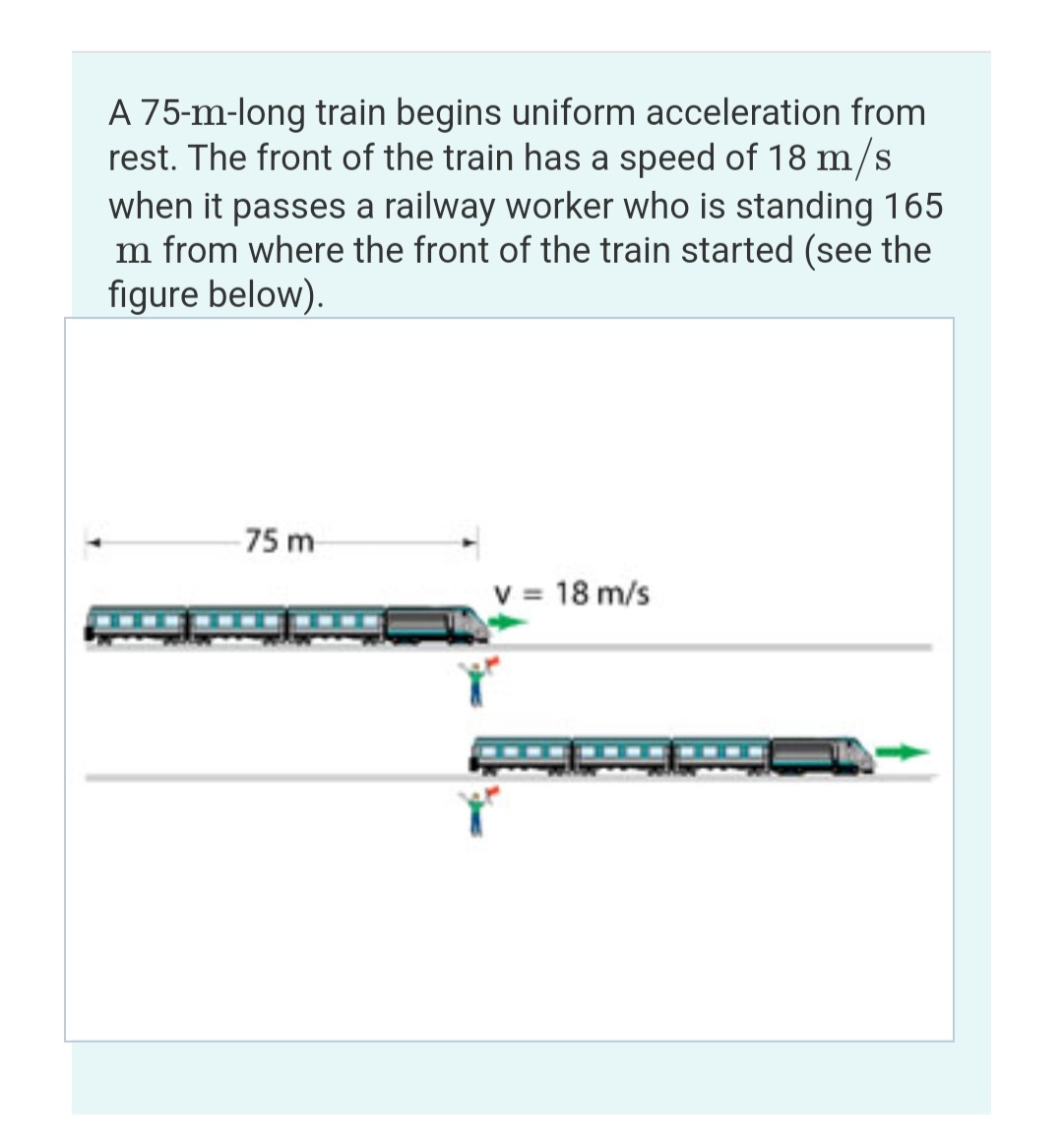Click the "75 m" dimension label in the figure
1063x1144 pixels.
[280, 540]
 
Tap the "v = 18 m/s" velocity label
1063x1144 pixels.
[572, 594]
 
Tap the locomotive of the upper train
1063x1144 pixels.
[434, 625]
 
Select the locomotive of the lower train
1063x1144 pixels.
[821, 756]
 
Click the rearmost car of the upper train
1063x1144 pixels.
[137, 623]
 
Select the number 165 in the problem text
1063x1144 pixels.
[912, 206]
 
